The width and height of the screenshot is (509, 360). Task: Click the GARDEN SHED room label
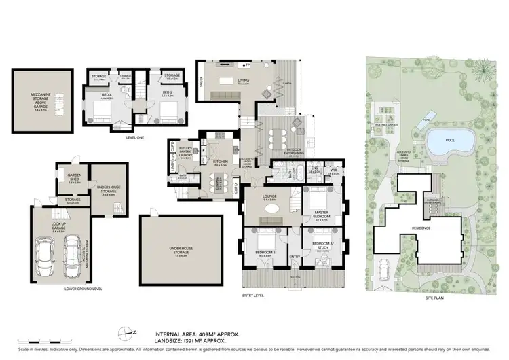74,181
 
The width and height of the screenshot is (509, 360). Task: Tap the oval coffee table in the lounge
271,222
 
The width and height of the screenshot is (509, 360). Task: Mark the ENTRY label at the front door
295,257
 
